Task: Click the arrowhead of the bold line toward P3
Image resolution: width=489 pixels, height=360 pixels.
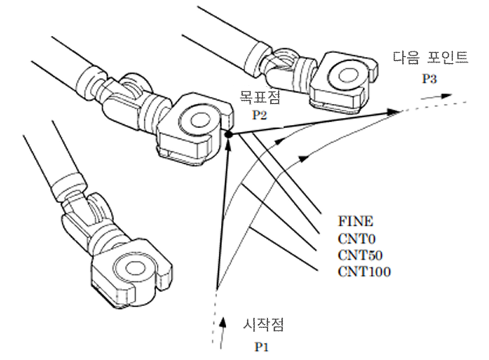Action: tap(396, 113)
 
